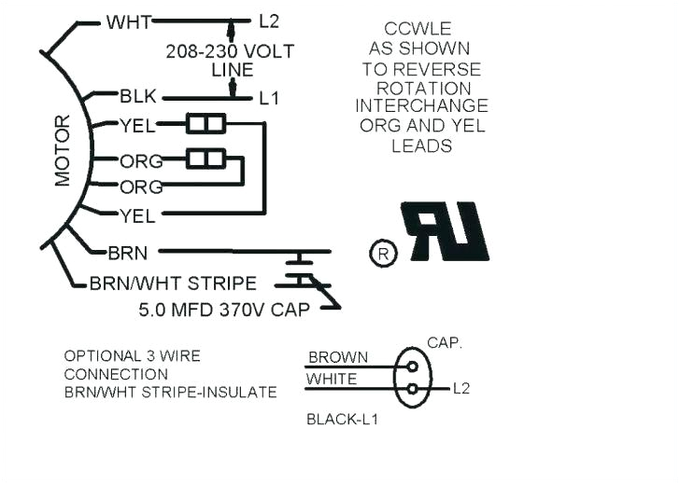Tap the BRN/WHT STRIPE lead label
click(173, 283)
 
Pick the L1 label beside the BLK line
click(268, 97)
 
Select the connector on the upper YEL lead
click(204, 124)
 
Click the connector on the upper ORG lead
click(204, 159)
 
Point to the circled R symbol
click(383, 253)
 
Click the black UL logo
click(445, 231)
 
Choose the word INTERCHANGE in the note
click(421, 105)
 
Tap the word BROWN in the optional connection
click(337, 357)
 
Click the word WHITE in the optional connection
click(332, 379)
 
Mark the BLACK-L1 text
click(342, 420)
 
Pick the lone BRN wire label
click(127, 252)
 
